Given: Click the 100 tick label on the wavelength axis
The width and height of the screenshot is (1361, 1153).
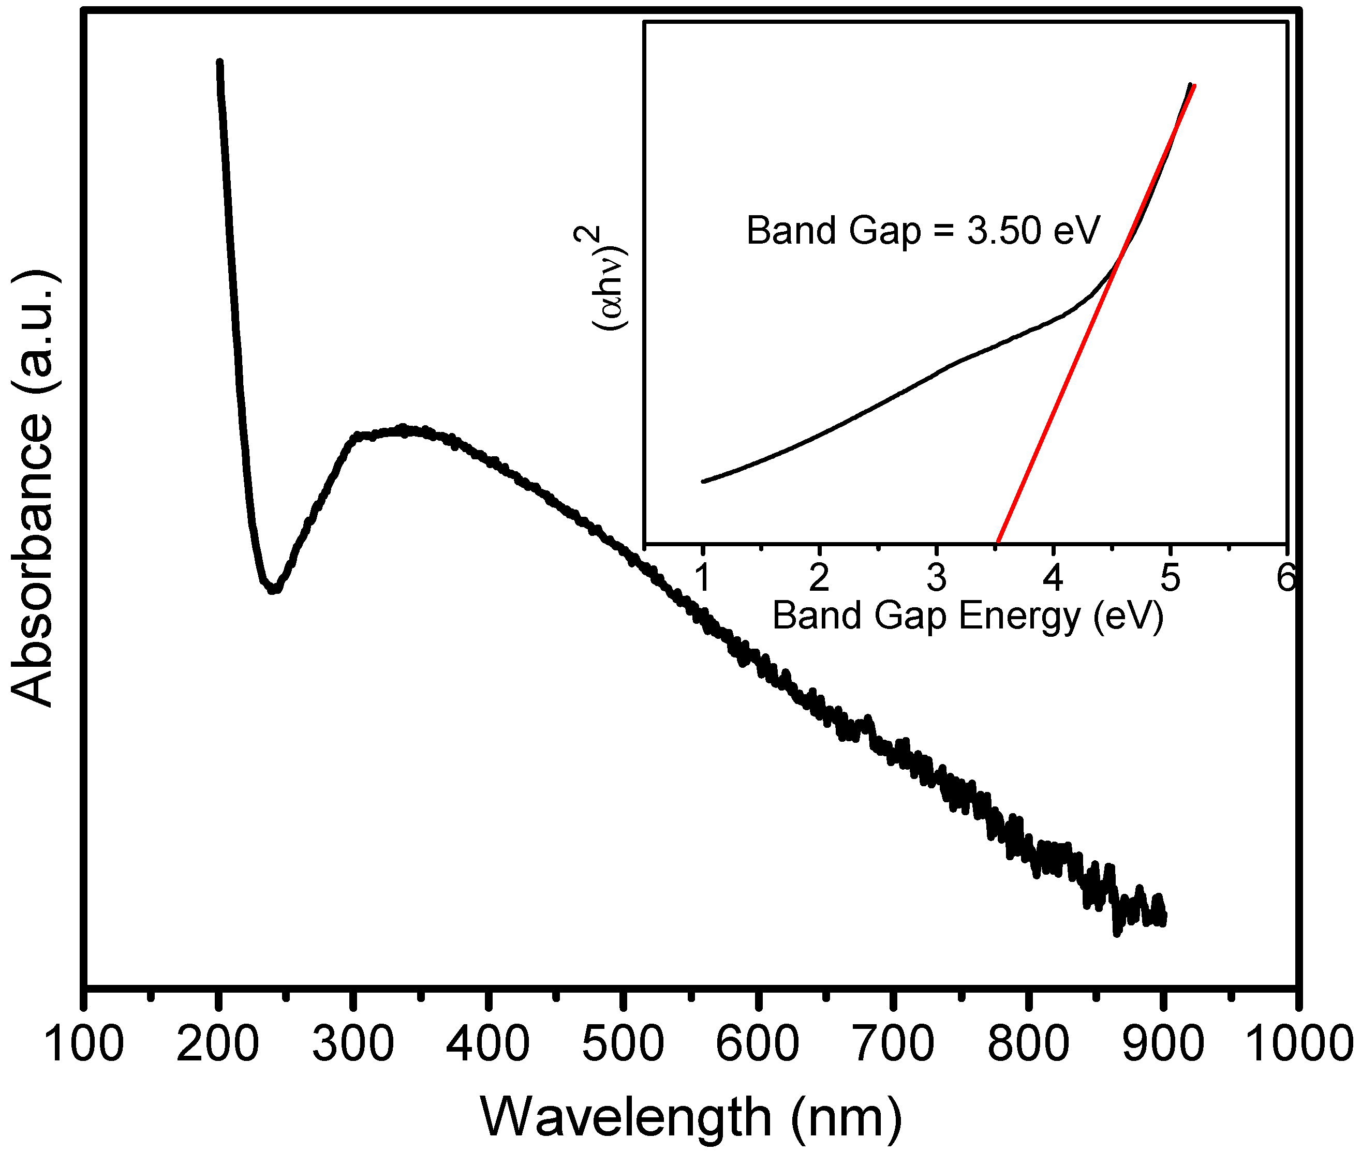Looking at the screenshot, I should tap(84, 1044).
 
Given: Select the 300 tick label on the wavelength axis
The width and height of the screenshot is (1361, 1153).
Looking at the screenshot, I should tap(353, 1044).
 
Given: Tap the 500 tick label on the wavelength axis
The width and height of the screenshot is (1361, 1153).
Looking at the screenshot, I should tap(623, 1044).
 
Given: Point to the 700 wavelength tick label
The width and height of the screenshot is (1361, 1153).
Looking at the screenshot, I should tap(893, 1044).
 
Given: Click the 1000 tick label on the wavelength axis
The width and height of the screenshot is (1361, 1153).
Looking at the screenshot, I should tap(1298, 1044).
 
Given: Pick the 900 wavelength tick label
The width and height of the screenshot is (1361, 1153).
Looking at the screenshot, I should tap(1163, 1044).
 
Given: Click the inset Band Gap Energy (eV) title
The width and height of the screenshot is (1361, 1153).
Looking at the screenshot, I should tap(968, 616).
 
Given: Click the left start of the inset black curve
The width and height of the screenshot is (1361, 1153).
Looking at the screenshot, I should tap(704, 481).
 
